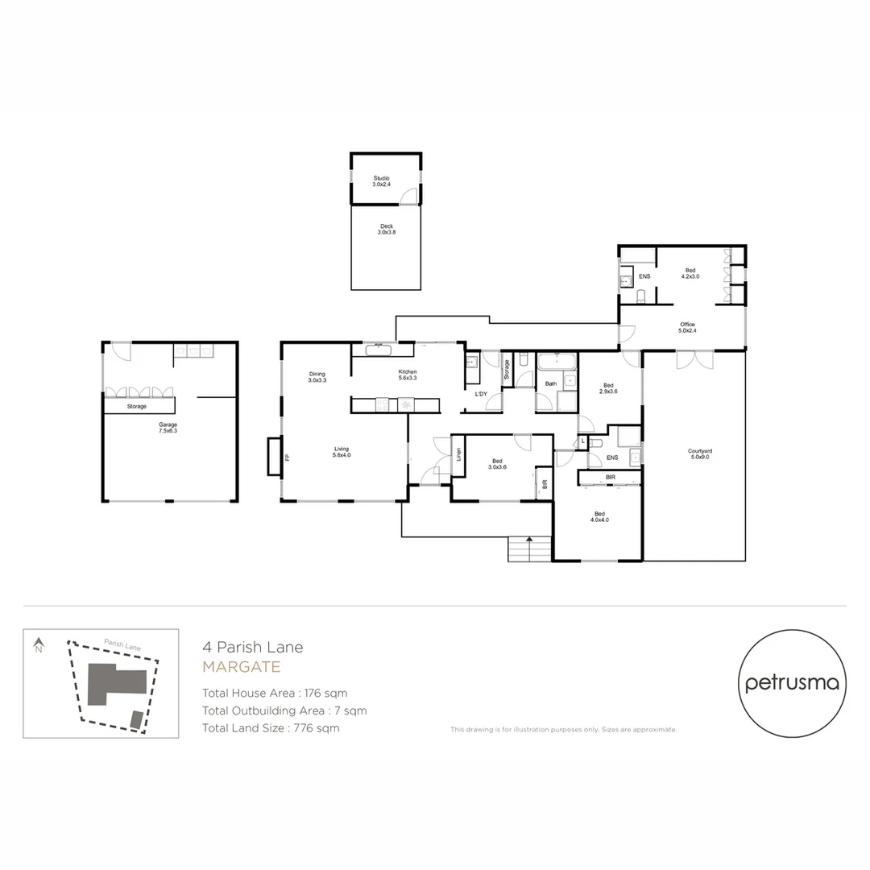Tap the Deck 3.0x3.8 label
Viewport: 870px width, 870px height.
[387, 230]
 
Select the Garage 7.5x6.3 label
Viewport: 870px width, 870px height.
[168, 427]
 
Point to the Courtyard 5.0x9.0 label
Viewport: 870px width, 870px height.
[698, 454]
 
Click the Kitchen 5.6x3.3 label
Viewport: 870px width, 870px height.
[407, 375]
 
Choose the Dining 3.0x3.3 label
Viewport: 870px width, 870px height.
[316, 376]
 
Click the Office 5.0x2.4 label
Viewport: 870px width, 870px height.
[686, 327]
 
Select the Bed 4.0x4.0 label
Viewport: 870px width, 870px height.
[600, 516]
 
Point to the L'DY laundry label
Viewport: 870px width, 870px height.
[481, 393]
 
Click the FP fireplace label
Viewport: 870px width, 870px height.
[286, 458]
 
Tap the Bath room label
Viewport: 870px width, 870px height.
[551, 383]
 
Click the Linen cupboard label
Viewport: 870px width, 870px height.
[458, 454]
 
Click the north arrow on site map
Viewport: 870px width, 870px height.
[37, 645]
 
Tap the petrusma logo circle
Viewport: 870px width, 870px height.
[793, 684]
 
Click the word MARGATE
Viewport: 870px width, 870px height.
[241, 667]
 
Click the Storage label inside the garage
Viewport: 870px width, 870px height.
[136, 406]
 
